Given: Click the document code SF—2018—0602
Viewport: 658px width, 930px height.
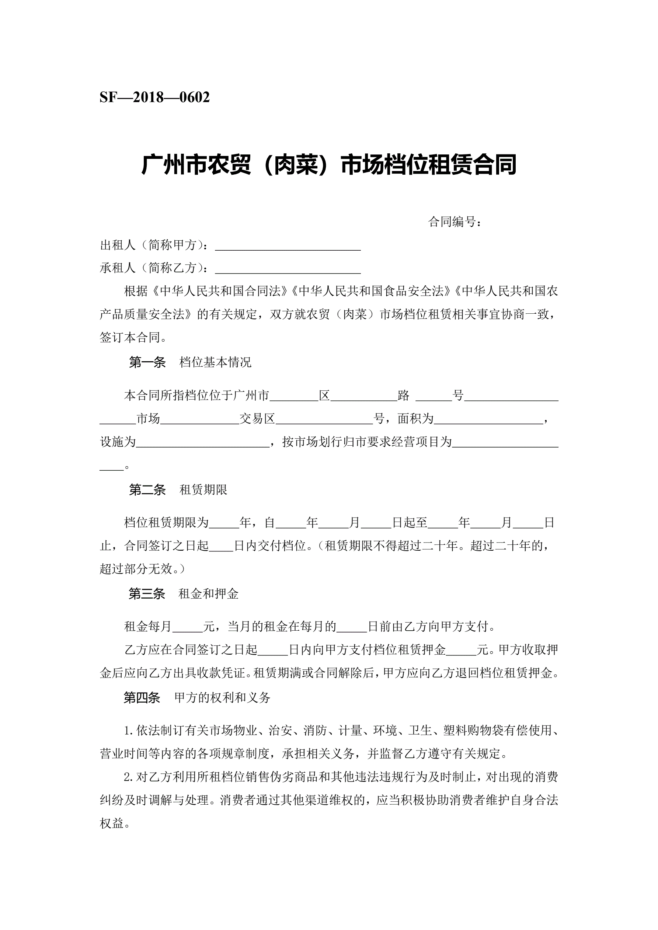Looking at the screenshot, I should [154, 98].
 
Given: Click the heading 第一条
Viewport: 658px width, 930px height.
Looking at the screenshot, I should [147, 362].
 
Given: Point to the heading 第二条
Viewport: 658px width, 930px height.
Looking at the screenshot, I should [147, 490].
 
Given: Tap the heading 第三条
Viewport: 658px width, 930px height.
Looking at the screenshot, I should [147, 594].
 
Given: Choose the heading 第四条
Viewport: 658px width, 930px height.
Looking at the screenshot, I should [142, 697].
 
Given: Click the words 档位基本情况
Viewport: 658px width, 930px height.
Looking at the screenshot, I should [215, 362].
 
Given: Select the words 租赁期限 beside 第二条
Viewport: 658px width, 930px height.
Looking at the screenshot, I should [203, 490].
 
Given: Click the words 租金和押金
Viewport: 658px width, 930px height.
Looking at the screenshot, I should [208, 594].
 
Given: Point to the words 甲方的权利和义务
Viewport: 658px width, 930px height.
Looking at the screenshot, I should [222, 697].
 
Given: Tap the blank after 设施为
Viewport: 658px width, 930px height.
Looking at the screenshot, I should [203, 442].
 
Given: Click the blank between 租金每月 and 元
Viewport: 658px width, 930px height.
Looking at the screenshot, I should [188, 627].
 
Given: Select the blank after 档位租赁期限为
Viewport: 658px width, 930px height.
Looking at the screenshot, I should [224, 523].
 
